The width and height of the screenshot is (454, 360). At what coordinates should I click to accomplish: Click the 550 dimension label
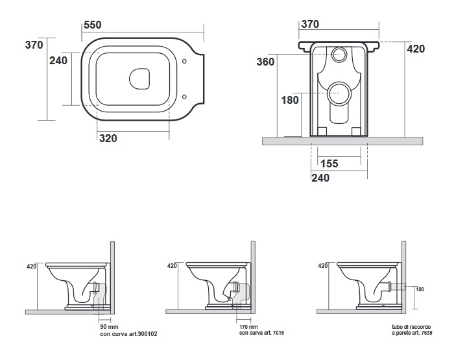[x=93, y=25]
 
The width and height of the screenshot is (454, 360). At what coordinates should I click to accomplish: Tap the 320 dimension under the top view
[x=108, y=138]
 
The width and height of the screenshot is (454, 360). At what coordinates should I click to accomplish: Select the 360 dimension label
[x=265, y=62]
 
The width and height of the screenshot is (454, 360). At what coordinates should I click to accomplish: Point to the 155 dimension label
[x=329, y=163]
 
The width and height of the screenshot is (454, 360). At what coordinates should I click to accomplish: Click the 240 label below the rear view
[x=320, y=178]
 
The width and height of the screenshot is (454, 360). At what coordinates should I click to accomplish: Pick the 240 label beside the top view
[x=58, y=60]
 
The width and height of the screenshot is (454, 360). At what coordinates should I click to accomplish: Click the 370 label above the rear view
[x=310, y=25]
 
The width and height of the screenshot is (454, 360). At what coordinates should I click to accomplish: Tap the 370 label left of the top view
[x=34, y=45]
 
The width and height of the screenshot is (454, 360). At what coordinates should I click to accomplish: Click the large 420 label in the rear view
[x=416, y=49]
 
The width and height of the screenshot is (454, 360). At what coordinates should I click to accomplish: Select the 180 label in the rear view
[x=290, y=100]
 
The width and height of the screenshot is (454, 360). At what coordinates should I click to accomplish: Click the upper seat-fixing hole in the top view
[x=184, y=61]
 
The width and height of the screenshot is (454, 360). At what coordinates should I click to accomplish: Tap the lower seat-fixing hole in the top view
[x=184, y=97]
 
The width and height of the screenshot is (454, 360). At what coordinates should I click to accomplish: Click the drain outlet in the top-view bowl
[x=139, y=78]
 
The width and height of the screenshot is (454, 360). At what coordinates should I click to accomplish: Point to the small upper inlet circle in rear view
[x=339, y=54]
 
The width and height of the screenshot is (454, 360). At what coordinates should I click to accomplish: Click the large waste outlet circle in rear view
[x=339, y=93]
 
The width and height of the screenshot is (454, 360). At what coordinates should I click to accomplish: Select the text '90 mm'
[x=109, y=327]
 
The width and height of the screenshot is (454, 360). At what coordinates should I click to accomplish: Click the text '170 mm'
[x=248, y=327]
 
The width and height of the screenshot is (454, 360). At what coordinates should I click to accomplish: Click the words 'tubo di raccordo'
[x=411, y=327]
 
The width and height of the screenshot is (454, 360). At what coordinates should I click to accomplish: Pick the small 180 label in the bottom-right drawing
[x=420, y=289]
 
